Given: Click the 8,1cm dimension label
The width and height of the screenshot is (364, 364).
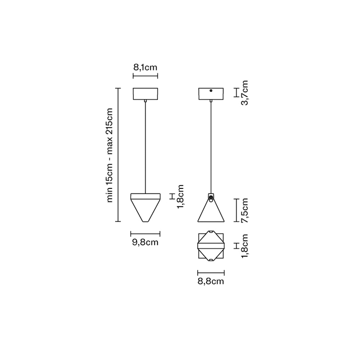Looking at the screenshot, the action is click(x=145, y=67).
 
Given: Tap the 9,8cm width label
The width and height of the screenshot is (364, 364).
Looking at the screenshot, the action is click(x=145, y=243).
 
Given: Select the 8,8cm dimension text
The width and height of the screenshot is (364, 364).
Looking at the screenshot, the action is click(x=211, y=281).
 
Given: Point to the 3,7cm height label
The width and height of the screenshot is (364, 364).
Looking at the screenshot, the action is click(x=245, y=93).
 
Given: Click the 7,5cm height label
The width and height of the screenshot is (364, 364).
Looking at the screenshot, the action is click(x=245, y=211).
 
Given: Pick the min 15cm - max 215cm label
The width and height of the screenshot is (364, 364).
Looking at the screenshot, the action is click(x=109, y=155).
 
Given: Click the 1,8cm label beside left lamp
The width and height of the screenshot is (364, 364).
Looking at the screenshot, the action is click(x=180, y=197).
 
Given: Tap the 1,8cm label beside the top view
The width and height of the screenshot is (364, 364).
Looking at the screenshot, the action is click(x=245, y=246).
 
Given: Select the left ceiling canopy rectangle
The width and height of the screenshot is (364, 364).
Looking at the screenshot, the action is click(x=145, y=94).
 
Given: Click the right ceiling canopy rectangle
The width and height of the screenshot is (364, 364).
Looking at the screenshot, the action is click(x=211, y=94).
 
